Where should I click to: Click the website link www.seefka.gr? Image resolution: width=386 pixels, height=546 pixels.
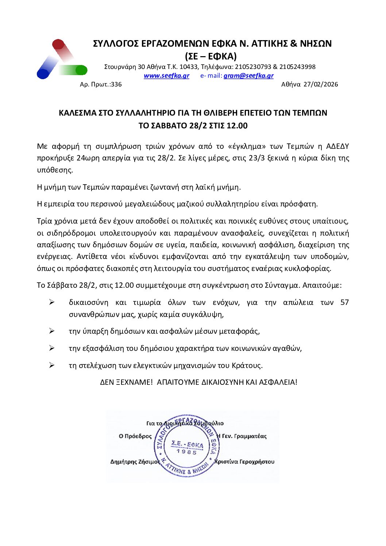click(x=166, y=76)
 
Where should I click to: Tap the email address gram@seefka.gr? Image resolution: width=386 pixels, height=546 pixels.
click(x=248, y=76)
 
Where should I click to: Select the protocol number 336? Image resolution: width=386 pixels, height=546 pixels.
click(x=116, y=85)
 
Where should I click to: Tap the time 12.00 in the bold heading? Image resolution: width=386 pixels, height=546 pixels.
click(x=237, y=126)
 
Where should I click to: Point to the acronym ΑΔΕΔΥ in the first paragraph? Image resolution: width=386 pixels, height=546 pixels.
click(x=337, y=147)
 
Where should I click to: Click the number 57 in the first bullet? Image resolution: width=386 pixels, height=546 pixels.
click(x=344, y=303)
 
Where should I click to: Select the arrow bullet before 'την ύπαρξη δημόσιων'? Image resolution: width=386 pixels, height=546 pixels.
click(x=52, y=331)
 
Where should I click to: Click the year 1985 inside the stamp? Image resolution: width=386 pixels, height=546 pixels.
click(x=187, y=452)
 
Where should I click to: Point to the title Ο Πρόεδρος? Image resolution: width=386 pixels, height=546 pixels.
click(x=135, y=436)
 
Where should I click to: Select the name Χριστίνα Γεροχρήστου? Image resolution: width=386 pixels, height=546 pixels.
click(x=244, y=462)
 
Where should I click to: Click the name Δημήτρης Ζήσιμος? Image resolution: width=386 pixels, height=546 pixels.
click(x=135, y=462)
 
